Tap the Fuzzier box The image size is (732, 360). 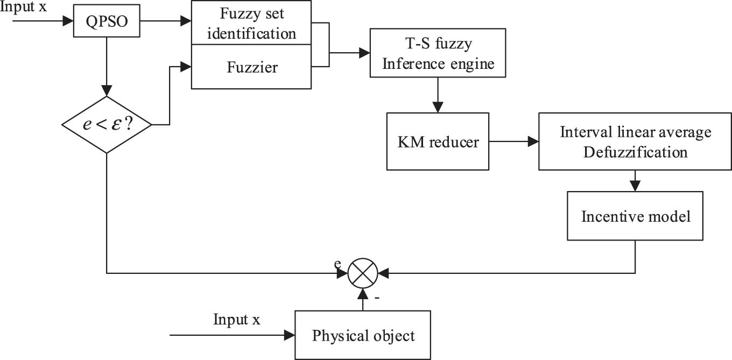251,67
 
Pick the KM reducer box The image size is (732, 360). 438,142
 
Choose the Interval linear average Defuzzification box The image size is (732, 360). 635,142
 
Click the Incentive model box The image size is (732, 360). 635,217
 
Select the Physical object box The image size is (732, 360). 363,335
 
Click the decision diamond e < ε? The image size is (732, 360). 107,125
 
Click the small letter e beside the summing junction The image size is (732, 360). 337,263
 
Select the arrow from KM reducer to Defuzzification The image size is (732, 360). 514,142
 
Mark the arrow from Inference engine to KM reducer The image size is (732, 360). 438,95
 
